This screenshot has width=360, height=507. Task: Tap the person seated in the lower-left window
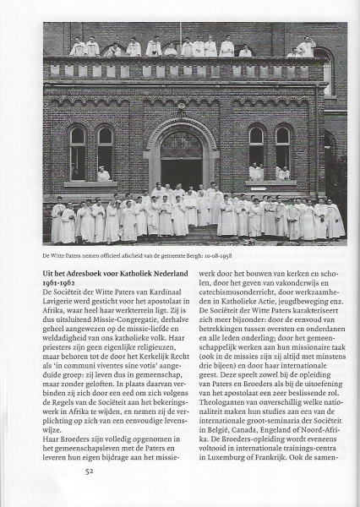click(x=103, y=174)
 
